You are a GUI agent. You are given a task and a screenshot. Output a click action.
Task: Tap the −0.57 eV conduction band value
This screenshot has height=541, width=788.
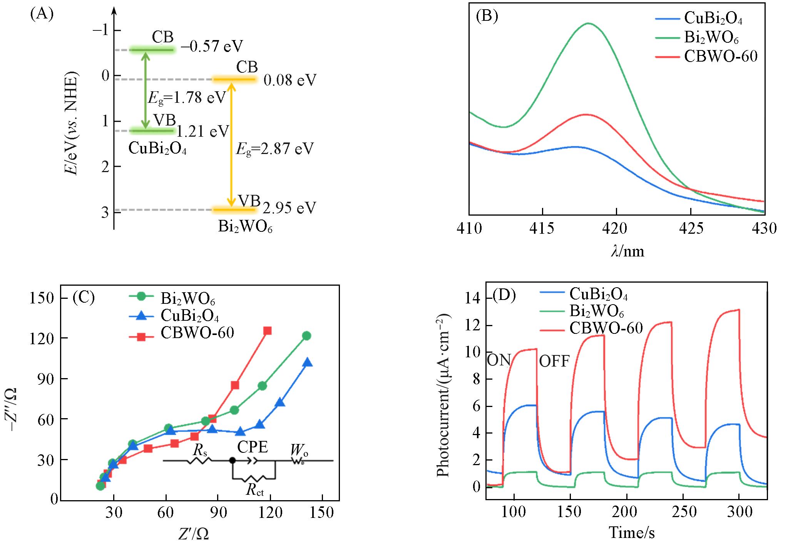click(212, 46)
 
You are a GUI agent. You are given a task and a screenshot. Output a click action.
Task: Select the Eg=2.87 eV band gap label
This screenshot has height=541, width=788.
click(274, 149)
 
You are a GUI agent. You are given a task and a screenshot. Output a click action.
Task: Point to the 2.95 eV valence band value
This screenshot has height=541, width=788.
click(289, 208)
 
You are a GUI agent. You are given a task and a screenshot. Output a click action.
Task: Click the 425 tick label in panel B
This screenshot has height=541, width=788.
click(691, 228)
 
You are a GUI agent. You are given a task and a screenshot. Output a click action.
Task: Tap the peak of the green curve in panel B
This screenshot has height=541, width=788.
click(588, 23)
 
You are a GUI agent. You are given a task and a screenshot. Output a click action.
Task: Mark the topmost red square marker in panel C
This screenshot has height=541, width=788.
click(267, 330)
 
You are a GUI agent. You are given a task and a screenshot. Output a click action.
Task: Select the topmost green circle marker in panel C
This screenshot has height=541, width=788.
click(306, 336)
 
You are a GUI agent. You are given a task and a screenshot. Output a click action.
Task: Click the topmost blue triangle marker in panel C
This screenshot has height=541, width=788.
click(307, 363)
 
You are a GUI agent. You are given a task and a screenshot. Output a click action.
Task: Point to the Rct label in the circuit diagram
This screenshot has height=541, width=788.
click(255, 490)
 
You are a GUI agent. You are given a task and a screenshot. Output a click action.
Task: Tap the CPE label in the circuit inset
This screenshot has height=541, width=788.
click(253, 447)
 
